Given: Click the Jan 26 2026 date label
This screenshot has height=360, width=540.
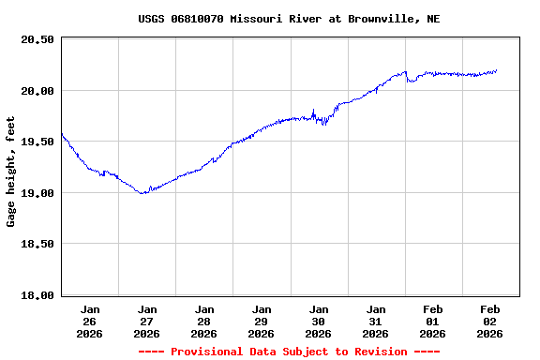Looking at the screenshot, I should click(x=90, y=321).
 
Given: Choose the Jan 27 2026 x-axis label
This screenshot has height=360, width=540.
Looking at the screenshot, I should click(x=147, y=321).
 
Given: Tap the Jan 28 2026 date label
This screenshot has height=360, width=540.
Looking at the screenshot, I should click(x=204, y=321).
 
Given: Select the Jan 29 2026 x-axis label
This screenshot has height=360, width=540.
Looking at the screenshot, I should click(x=262, y=321).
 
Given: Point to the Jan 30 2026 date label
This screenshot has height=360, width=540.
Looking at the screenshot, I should click(x=319, y=321).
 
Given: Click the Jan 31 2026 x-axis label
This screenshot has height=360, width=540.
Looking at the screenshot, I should click(x=376, y=321).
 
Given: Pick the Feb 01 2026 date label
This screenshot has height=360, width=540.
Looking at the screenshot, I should click(x=433, y=321).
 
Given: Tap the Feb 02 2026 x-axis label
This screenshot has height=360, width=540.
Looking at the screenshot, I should click(x=490, y=321).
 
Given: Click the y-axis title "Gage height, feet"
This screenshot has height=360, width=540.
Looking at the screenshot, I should click(x=11, y=172).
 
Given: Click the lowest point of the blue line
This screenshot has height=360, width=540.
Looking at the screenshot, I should click(x=142, y=193).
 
